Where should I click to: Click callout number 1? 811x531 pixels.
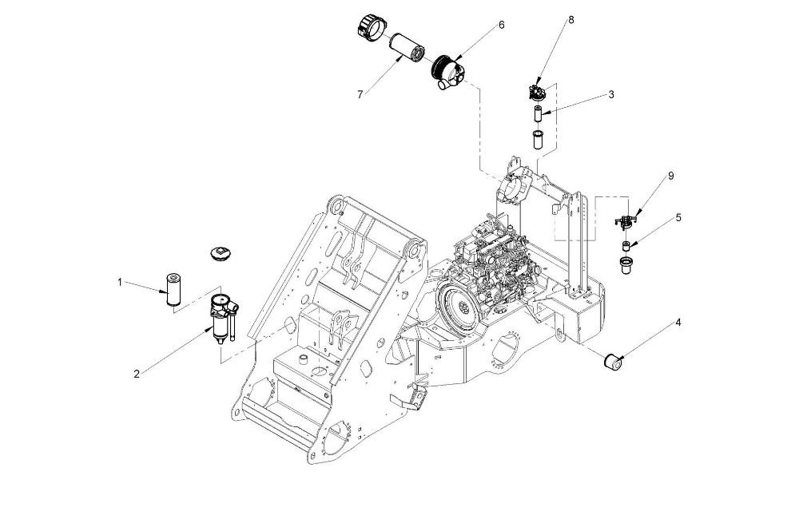[x=120, y=283]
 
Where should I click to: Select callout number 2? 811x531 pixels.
[x=137, y=374]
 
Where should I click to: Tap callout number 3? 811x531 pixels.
[x=611, y=94]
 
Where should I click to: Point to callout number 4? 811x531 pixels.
[x=678, y=323]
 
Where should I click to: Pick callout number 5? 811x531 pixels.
[x=678, y=218]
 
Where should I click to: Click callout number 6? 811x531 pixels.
[x=501, y=25]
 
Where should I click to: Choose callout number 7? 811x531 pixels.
[x=360, y=94]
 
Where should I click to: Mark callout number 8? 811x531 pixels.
[x=571, y=20]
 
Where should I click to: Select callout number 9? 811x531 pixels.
[x=671, y=176]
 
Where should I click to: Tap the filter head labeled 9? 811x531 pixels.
[x=626, y=220]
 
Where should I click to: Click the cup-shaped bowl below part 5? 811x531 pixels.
[x=626, y=266]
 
